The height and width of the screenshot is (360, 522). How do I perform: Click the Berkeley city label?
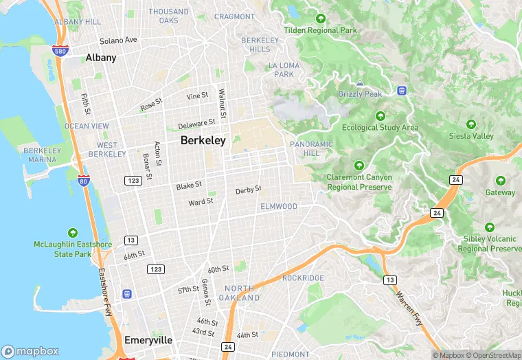[203, 140]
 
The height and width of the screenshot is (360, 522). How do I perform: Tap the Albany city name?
[101, 58]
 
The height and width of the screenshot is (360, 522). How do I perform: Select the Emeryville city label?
[148, 340]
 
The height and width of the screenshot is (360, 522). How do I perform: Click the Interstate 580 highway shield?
[59, 51]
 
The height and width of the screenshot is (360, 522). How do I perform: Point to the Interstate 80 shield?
[84, 181]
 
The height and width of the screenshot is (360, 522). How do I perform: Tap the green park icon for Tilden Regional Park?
[320, 18]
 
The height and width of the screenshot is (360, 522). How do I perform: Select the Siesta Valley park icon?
[471, 124]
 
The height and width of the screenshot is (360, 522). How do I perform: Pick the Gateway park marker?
[500, 181]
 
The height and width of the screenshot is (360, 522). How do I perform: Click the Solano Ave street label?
[118, 41]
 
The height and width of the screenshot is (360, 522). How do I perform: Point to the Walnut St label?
[222, 102]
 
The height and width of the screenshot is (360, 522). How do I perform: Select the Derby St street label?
[248, 190]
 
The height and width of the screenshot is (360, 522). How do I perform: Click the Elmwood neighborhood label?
[278, 206]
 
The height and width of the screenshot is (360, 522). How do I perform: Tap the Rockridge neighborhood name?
[303, 278]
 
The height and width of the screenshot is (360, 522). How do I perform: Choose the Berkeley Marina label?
[43, 155]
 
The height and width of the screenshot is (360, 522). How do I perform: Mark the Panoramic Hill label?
[311, 148]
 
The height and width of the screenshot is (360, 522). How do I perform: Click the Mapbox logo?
[30, 351]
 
